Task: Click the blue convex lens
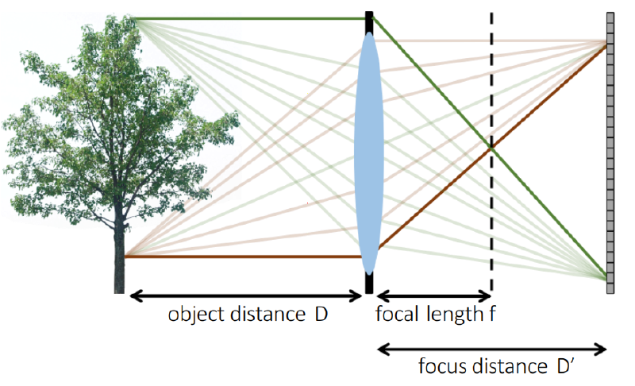coord(369,153)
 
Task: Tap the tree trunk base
coord(119,284)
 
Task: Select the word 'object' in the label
coord(196,315)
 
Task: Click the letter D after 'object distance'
coord(321,314)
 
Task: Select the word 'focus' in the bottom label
coord(442,366)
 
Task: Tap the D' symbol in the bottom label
coord(565,365)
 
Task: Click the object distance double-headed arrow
coord(245,296)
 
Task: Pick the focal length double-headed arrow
coord(433,296)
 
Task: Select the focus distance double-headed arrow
coord(491,349)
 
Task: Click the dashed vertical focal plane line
coord(491,152)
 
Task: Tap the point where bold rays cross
coord(491,149)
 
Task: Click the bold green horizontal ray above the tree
coord(249,18)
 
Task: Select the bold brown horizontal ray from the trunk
coord(243,257)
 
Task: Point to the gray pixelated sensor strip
coord(610,152)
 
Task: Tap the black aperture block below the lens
coord(369,283)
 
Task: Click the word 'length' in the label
coord(455,314)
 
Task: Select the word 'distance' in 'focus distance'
coord(510,366)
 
